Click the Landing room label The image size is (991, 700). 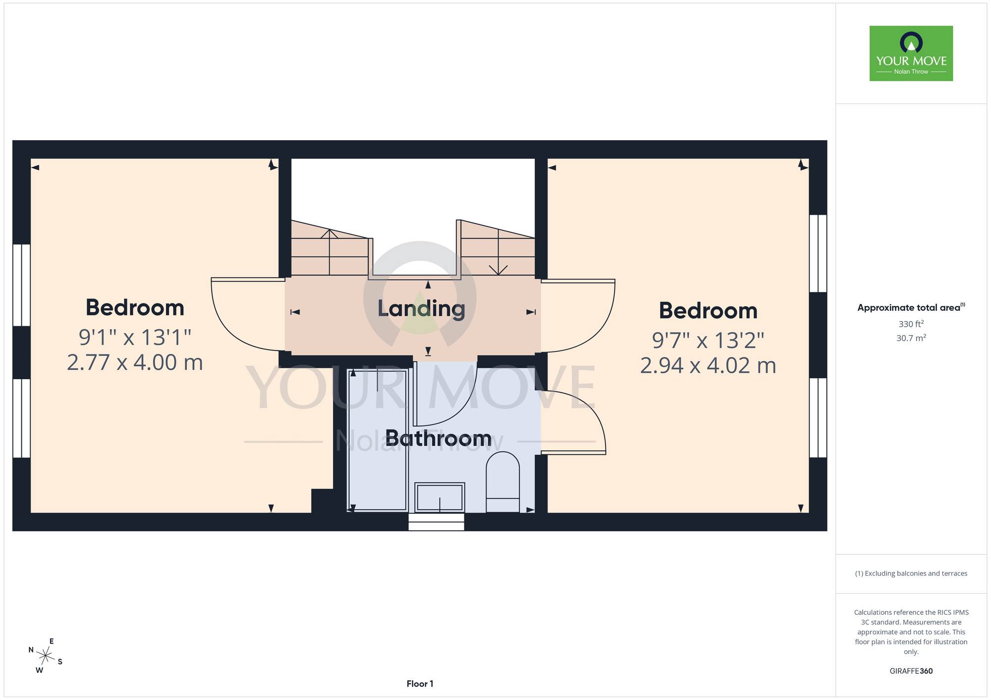tap(421, 309)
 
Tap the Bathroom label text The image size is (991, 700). tap(439, 439)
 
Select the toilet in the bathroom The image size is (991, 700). tap(502, 482)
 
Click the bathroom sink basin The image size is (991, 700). tap(440, 497)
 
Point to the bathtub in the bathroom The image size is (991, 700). tap(378, 440)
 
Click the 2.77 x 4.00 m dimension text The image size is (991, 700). tap(135, 363)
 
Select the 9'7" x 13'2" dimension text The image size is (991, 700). tap(708, 341)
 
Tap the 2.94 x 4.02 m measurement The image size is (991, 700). tap(708, 366)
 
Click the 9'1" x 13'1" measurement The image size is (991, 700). tap(135, 338)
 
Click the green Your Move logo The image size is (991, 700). tap(911, 53)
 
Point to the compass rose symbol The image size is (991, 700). tap(45, 656)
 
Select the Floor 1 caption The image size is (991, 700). tap(420, 684)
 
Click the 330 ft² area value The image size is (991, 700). tap(911, 324)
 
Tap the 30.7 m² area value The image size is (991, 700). tap(911, 338)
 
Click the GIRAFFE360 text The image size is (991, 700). tap(911, 671)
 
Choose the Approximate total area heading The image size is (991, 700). tap(911, 307)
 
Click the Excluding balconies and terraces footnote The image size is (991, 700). tap(911, 573)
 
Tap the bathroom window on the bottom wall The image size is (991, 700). tap(437, 522)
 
